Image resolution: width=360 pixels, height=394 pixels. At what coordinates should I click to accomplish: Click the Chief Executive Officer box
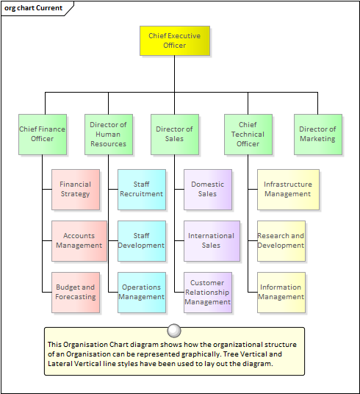[175, 40]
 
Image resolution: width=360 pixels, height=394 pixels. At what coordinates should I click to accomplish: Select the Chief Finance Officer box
[43, 135]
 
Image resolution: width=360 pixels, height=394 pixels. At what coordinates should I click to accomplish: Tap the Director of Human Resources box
[109, 135]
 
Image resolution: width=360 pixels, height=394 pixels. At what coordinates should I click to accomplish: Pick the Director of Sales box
[175, 135]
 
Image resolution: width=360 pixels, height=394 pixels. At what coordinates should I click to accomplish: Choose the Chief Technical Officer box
[248, 135]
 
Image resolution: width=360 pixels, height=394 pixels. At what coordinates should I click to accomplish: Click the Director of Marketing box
[318, 135]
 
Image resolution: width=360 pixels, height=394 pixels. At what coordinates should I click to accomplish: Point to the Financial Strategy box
[76, 190]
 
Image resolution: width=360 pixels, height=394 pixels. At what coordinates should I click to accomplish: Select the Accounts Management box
[79, 241]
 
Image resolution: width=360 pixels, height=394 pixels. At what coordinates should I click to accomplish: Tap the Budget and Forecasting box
[76, 293]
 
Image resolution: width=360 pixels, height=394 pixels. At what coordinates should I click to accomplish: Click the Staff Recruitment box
[142, 190]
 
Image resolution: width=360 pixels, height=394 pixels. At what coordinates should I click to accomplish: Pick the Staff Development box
[142, 241]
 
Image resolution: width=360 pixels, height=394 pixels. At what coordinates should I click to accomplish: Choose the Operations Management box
[142, 293]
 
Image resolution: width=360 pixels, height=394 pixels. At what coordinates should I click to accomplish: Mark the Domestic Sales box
[208, 190]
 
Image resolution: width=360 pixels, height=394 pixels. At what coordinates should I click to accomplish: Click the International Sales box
[212, 241]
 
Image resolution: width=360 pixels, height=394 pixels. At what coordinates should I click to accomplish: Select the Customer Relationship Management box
[208, 293]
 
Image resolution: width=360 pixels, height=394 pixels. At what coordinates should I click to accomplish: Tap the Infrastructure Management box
[288, 190]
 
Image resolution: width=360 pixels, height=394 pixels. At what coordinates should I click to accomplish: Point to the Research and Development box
[281, 241]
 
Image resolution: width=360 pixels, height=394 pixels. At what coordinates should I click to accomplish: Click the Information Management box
[281, 293]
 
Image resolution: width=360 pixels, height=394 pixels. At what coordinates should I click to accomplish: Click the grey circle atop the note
[174, 331]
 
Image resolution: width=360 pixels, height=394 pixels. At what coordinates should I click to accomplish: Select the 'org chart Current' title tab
[35, 8]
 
